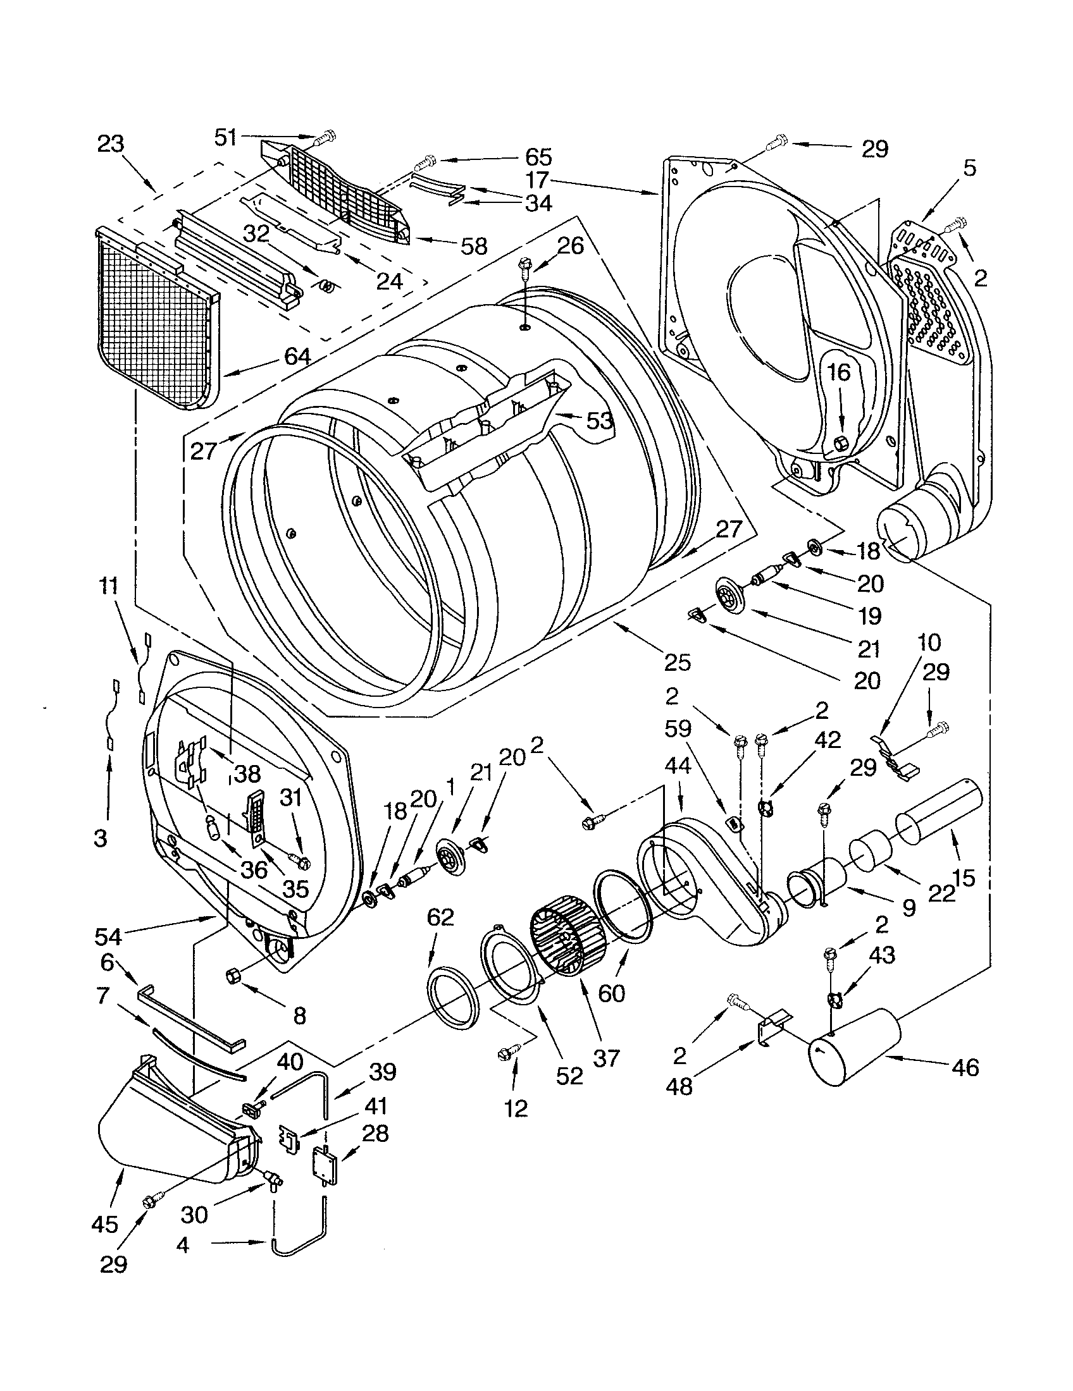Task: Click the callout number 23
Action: [x=111, y=144]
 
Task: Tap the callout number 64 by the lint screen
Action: [x=297, y=357]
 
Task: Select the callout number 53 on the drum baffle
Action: [x=599, y=420]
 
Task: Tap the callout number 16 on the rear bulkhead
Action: [x=839, y=372]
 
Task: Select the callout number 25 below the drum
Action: [x=677, y=663]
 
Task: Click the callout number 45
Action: [x=105, y=1223]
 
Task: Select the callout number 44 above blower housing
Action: [x=678, y=765]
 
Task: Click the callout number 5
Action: [x=969, y=168]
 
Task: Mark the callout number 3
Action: [x=100, y=839]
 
